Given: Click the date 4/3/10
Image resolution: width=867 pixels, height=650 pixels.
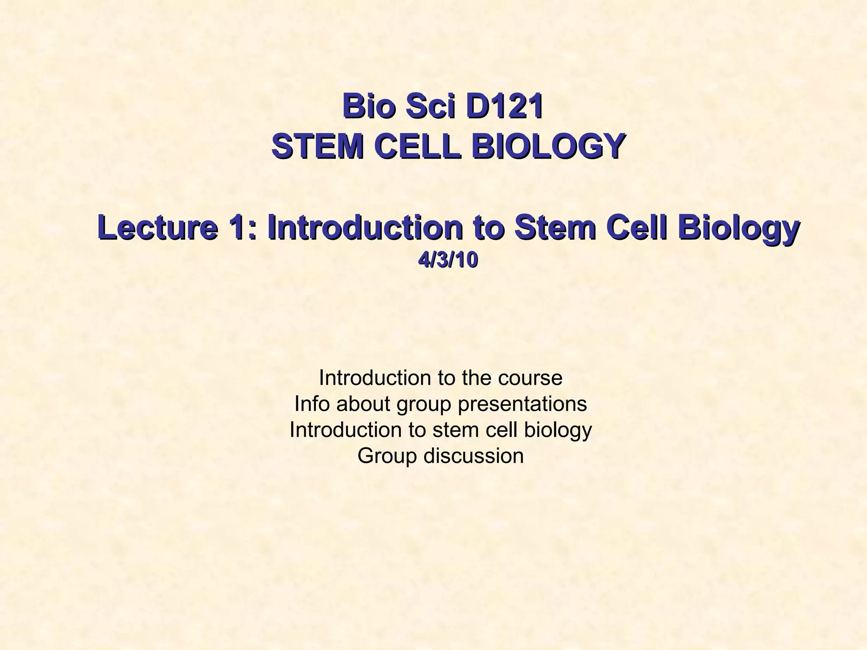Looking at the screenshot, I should point(448,261).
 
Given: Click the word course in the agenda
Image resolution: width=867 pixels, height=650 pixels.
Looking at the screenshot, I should point(530,377).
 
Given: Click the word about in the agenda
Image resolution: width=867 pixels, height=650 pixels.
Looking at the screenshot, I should point(363,404).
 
